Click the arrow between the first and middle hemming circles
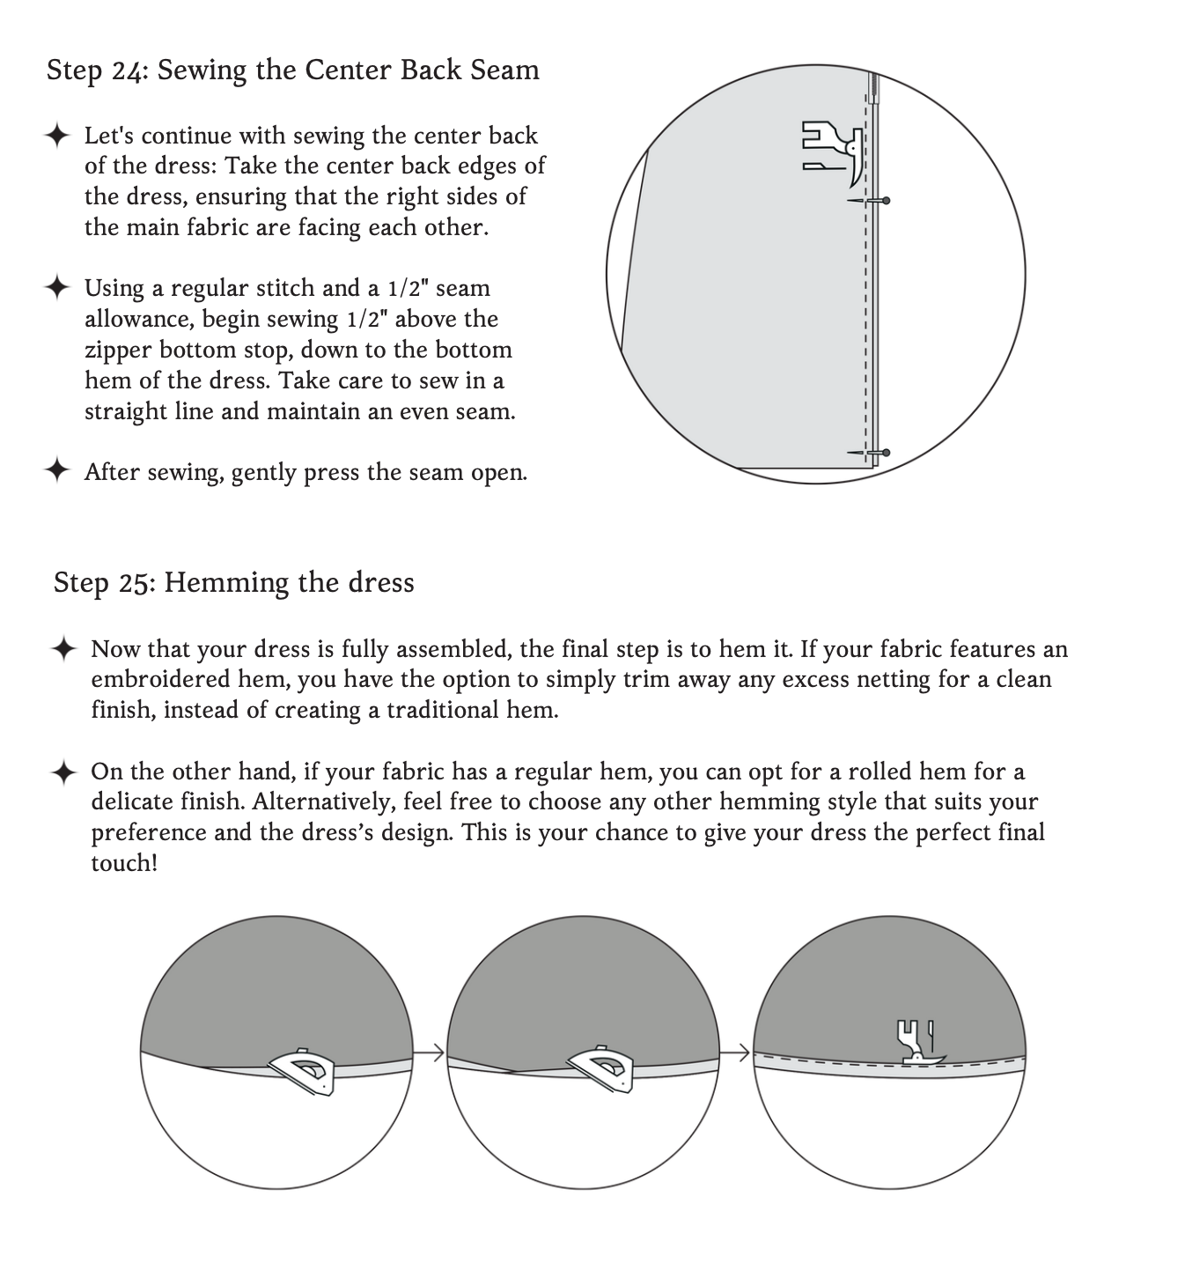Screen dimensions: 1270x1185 [430, 1052]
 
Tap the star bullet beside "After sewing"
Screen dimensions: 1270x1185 [56, 471]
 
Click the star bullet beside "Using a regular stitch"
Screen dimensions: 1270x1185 [56, 287]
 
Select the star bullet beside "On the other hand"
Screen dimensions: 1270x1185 [63, 772]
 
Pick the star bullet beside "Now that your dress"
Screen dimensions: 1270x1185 [63, 649]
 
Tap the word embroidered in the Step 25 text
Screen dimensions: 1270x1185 [165, 680]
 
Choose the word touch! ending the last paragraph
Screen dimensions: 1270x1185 [124, 863]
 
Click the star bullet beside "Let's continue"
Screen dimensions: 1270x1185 [56, 136]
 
